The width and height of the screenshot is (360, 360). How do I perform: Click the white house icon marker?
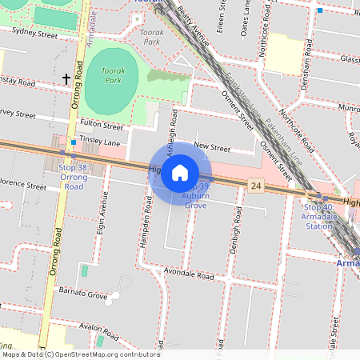(180, 173)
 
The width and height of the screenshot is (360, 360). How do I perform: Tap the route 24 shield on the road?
(255, 185)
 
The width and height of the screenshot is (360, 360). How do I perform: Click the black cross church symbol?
(66, 78)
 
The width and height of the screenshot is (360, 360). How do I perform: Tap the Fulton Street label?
(102, 126)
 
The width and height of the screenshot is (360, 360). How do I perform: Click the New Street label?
(212, 147)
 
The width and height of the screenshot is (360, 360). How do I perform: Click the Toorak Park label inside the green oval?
(111, 76)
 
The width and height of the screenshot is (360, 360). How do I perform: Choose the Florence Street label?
(24, 185)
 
